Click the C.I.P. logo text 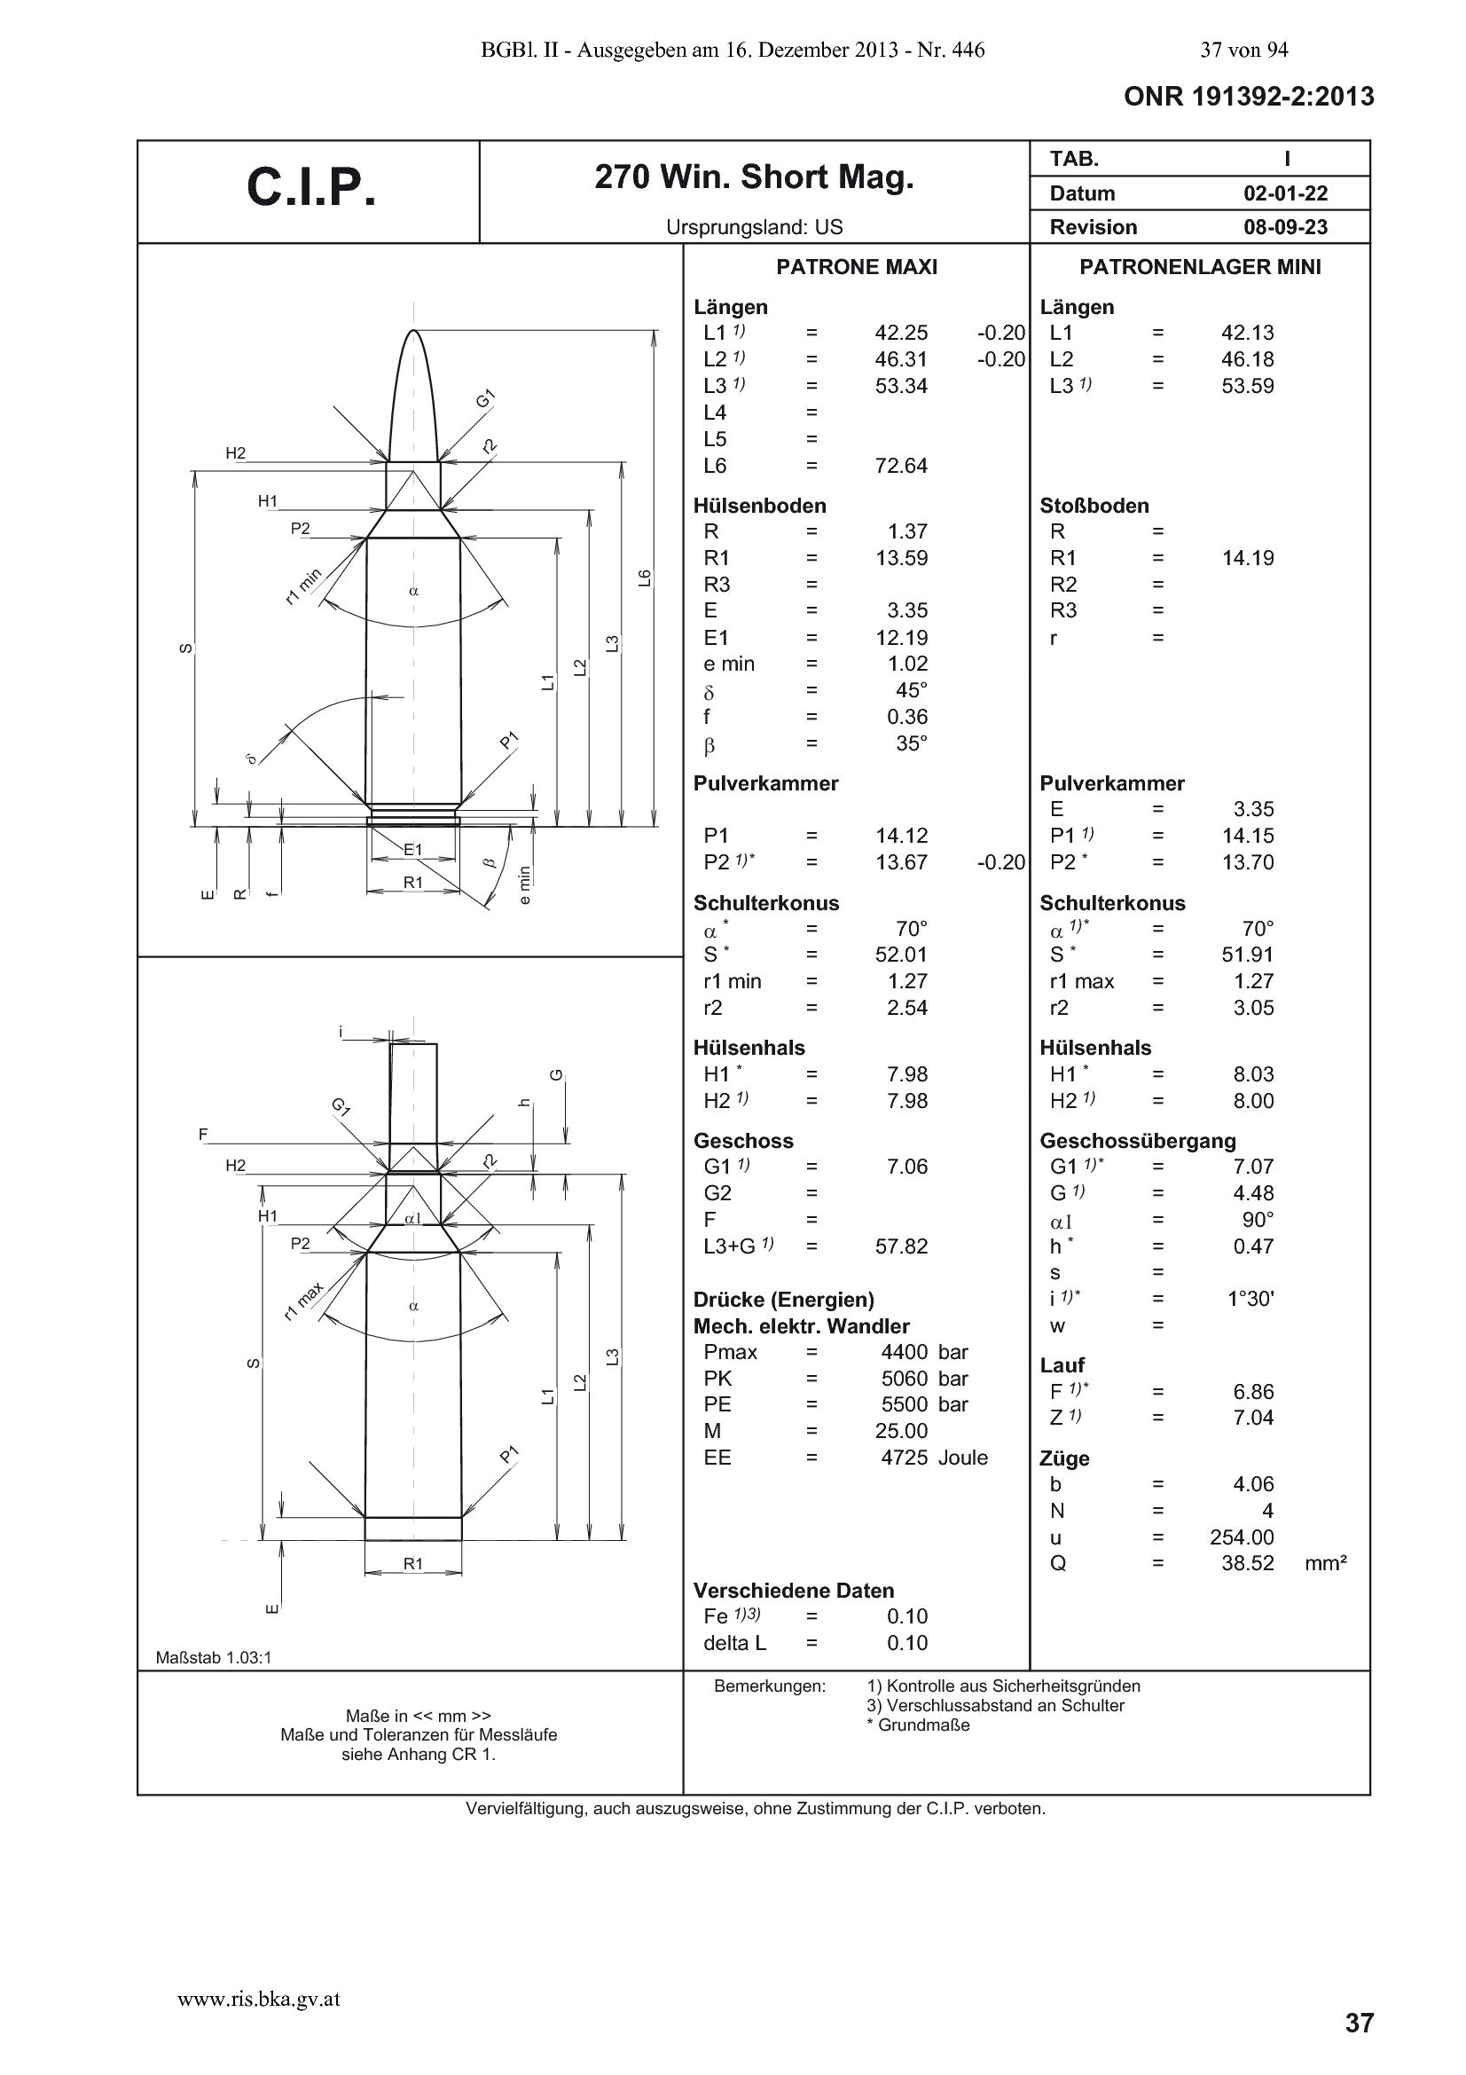tap(310, 188)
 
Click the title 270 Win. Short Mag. tap(754, 178)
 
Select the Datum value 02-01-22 tap(1285, 193)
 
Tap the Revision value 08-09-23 tap(1285, 227)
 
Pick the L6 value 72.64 tap(901, 466)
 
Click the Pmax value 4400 tap(905, 1352)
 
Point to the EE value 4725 tap(905, 1458)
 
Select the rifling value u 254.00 tap(1242, 1537)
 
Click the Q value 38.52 tap(1248, 1563)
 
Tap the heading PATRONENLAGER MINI tap(1200, 267)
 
